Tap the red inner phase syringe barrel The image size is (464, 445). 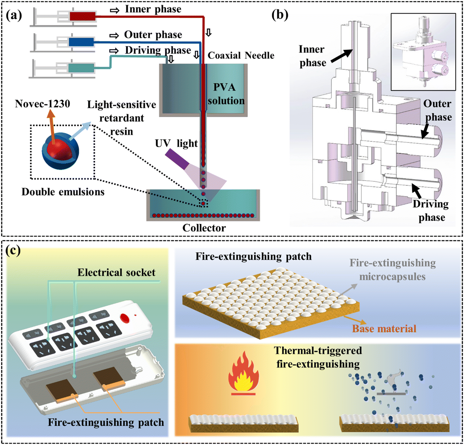[82, 16]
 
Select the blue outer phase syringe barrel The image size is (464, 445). [81, 42]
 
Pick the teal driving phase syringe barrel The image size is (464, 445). [81, 68]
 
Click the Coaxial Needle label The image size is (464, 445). [241, 56]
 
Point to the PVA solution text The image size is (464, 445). [226, 94]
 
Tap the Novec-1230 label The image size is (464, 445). [43, 104]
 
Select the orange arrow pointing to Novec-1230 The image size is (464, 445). [52, 127]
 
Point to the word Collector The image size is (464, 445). [204, 228]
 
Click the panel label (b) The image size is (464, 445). [280, 15]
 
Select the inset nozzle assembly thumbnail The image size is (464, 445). [423, 52]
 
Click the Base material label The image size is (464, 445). [384, 329]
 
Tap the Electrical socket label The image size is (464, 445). [116, 272]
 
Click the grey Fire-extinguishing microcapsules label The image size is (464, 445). [393, 270]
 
